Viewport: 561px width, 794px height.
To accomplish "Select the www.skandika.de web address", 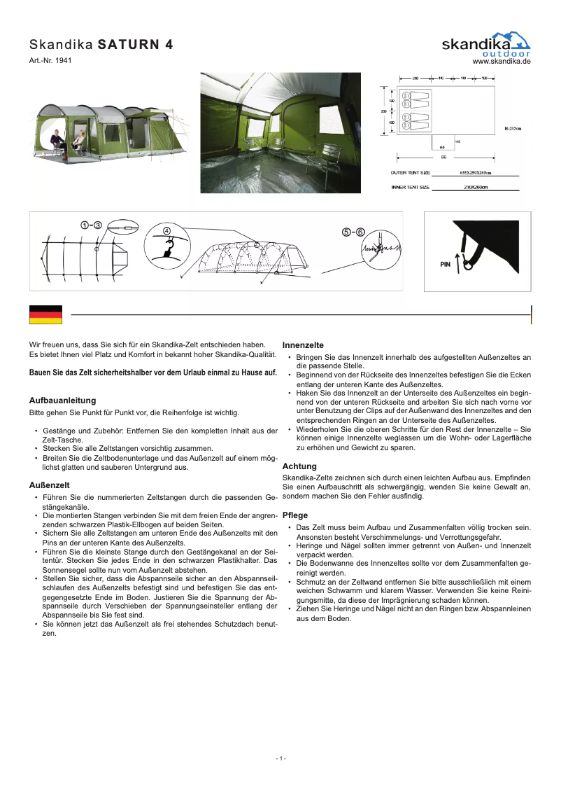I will click(502, 62).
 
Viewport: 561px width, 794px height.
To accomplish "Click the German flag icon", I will click(45, 314).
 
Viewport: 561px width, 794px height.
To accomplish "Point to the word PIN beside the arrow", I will click(446, 265).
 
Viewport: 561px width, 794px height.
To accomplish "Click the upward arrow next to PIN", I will click(457, 263).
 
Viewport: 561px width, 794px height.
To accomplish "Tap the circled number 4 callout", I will click(166, 230).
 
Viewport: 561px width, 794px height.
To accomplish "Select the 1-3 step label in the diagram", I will click(91, 225).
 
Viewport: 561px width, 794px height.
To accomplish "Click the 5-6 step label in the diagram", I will click(353, 232).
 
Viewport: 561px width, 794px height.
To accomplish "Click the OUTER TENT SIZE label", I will click(410, 172).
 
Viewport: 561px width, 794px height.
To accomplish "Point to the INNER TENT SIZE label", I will click(409, 188).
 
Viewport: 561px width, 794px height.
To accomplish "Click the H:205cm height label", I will click(513, 129).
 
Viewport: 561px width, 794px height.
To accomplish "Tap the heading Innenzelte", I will click(302, 345).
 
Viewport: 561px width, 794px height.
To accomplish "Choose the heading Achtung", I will click(299, 466).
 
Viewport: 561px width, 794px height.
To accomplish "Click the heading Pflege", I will click(294, 515).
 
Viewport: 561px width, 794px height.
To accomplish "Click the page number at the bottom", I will click(280, 758).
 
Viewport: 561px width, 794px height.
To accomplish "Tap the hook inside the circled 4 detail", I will click(168, 246).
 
